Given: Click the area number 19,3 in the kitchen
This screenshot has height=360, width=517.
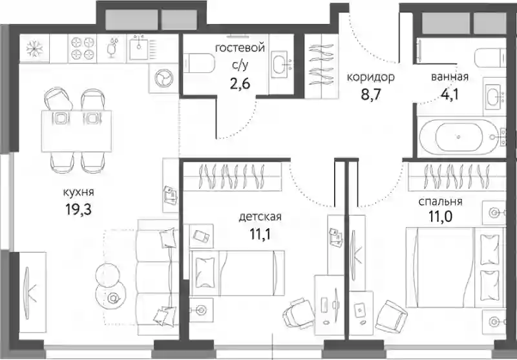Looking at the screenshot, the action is pos(78,209).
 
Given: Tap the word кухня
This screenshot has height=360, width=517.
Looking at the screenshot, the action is pos(78,193).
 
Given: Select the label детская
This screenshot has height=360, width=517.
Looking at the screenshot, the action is pos(260,217).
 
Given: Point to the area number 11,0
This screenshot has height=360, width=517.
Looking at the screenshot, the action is pos(440,217).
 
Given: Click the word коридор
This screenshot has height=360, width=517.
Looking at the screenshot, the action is pos(370,78).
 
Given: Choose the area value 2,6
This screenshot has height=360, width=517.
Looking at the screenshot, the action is pos(240,84).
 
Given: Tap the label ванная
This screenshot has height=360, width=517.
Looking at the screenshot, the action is pos(450,77).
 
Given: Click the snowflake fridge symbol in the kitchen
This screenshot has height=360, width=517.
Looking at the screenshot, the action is pos(35,48).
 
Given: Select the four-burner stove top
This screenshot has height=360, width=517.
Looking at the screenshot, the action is pos(83,48).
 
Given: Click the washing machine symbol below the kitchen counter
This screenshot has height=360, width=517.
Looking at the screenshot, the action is pos(164,78).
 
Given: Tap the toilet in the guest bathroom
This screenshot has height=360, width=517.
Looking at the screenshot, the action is pos(199,63).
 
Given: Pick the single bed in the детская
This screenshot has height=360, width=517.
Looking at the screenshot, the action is pos(237,273).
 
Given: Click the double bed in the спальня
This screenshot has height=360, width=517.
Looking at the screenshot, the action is pos(456,267).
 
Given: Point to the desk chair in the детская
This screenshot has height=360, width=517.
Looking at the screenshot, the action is pos(299,313).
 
